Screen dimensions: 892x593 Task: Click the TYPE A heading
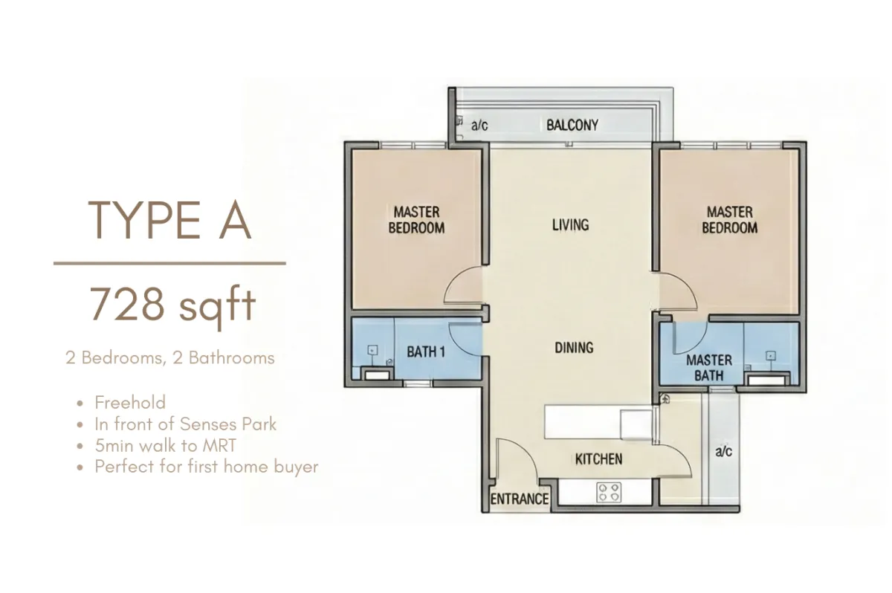(169, 220)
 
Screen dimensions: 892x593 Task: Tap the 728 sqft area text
(172, 305)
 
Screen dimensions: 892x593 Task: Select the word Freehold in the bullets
(130, 402)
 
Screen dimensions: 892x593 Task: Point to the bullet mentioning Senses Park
(185, 424)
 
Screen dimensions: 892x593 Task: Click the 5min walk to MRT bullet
(165, 445)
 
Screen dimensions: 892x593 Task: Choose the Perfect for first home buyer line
(207, 467)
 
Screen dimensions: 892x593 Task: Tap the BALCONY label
(572, 126)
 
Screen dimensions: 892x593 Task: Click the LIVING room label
(571, 225)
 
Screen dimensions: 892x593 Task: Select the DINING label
(574, 348)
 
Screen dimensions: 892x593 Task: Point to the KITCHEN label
(598, 459)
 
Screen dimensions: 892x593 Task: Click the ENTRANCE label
(520, 499)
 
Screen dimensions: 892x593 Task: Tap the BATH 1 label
(426, 351)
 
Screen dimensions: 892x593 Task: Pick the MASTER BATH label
(709, 368)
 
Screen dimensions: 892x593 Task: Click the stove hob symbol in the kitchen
(609, 492)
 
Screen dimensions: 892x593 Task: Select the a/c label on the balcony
(479, 126)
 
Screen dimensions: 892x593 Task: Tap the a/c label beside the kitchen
(723, 451)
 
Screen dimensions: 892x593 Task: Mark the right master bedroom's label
(729, 220)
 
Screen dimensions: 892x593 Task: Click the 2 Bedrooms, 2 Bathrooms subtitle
(170, 357)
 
